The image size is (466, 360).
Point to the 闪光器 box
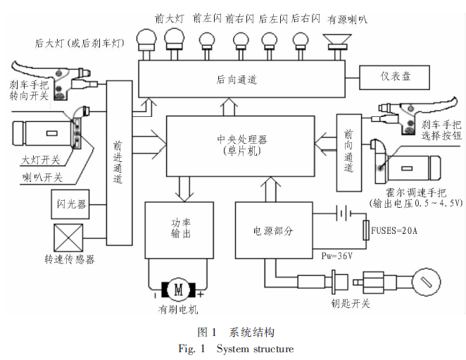70,204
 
